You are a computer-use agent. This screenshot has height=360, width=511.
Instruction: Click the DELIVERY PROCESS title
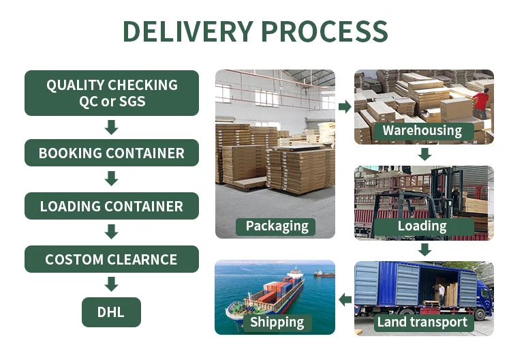tap(255, 31)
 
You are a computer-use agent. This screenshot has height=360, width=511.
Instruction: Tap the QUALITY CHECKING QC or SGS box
tap(112, 93)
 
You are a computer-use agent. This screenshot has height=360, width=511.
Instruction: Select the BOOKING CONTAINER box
tap(112, 153)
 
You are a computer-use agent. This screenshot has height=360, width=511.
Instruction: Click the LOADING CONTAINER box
tap(112, 206)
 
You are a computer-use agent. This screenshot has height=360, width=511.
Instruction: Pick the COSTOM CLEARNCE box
tap(112, 259)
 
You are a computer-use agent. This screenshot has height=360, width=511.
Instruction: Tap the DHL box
tap(112, 312)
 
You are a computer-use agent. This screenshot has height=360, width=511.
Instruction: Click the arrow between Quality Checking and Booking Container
tap(112, 127)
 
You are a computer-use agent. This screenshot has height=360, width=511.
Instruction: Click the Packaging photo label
tap(277, 226)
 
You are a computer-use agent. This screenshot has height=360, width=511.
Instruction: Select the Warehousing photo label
tap(422, 130)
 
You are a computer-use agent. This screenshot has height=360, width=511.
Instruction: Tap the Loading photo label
tap(422, 226)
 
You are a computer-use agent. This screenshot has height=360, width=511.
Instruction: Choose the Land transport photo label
tap(422, 322)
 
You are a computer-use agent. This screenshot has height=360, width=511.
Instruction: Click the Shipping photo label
tap(276, 322)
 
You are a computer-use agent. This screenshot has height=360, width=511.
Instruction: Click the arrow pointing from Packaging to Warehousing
tap(345, 106)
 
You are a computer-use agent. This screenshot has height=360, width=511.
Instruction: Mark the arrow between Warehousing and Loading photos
tap(424, 154)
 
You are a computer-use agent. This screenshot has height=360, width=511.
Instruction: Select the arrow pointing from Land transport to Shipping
tap(345, 299)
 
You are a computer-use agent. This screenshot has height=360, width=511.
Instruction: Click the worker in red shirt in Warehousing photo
tap(481, 103)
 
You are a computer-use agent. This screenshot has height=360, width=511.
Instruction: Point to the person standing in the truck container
tap(441, 294)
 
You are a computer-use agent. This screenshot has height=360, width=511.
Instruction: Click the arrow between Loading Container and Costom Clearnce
tap(112, 232)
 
